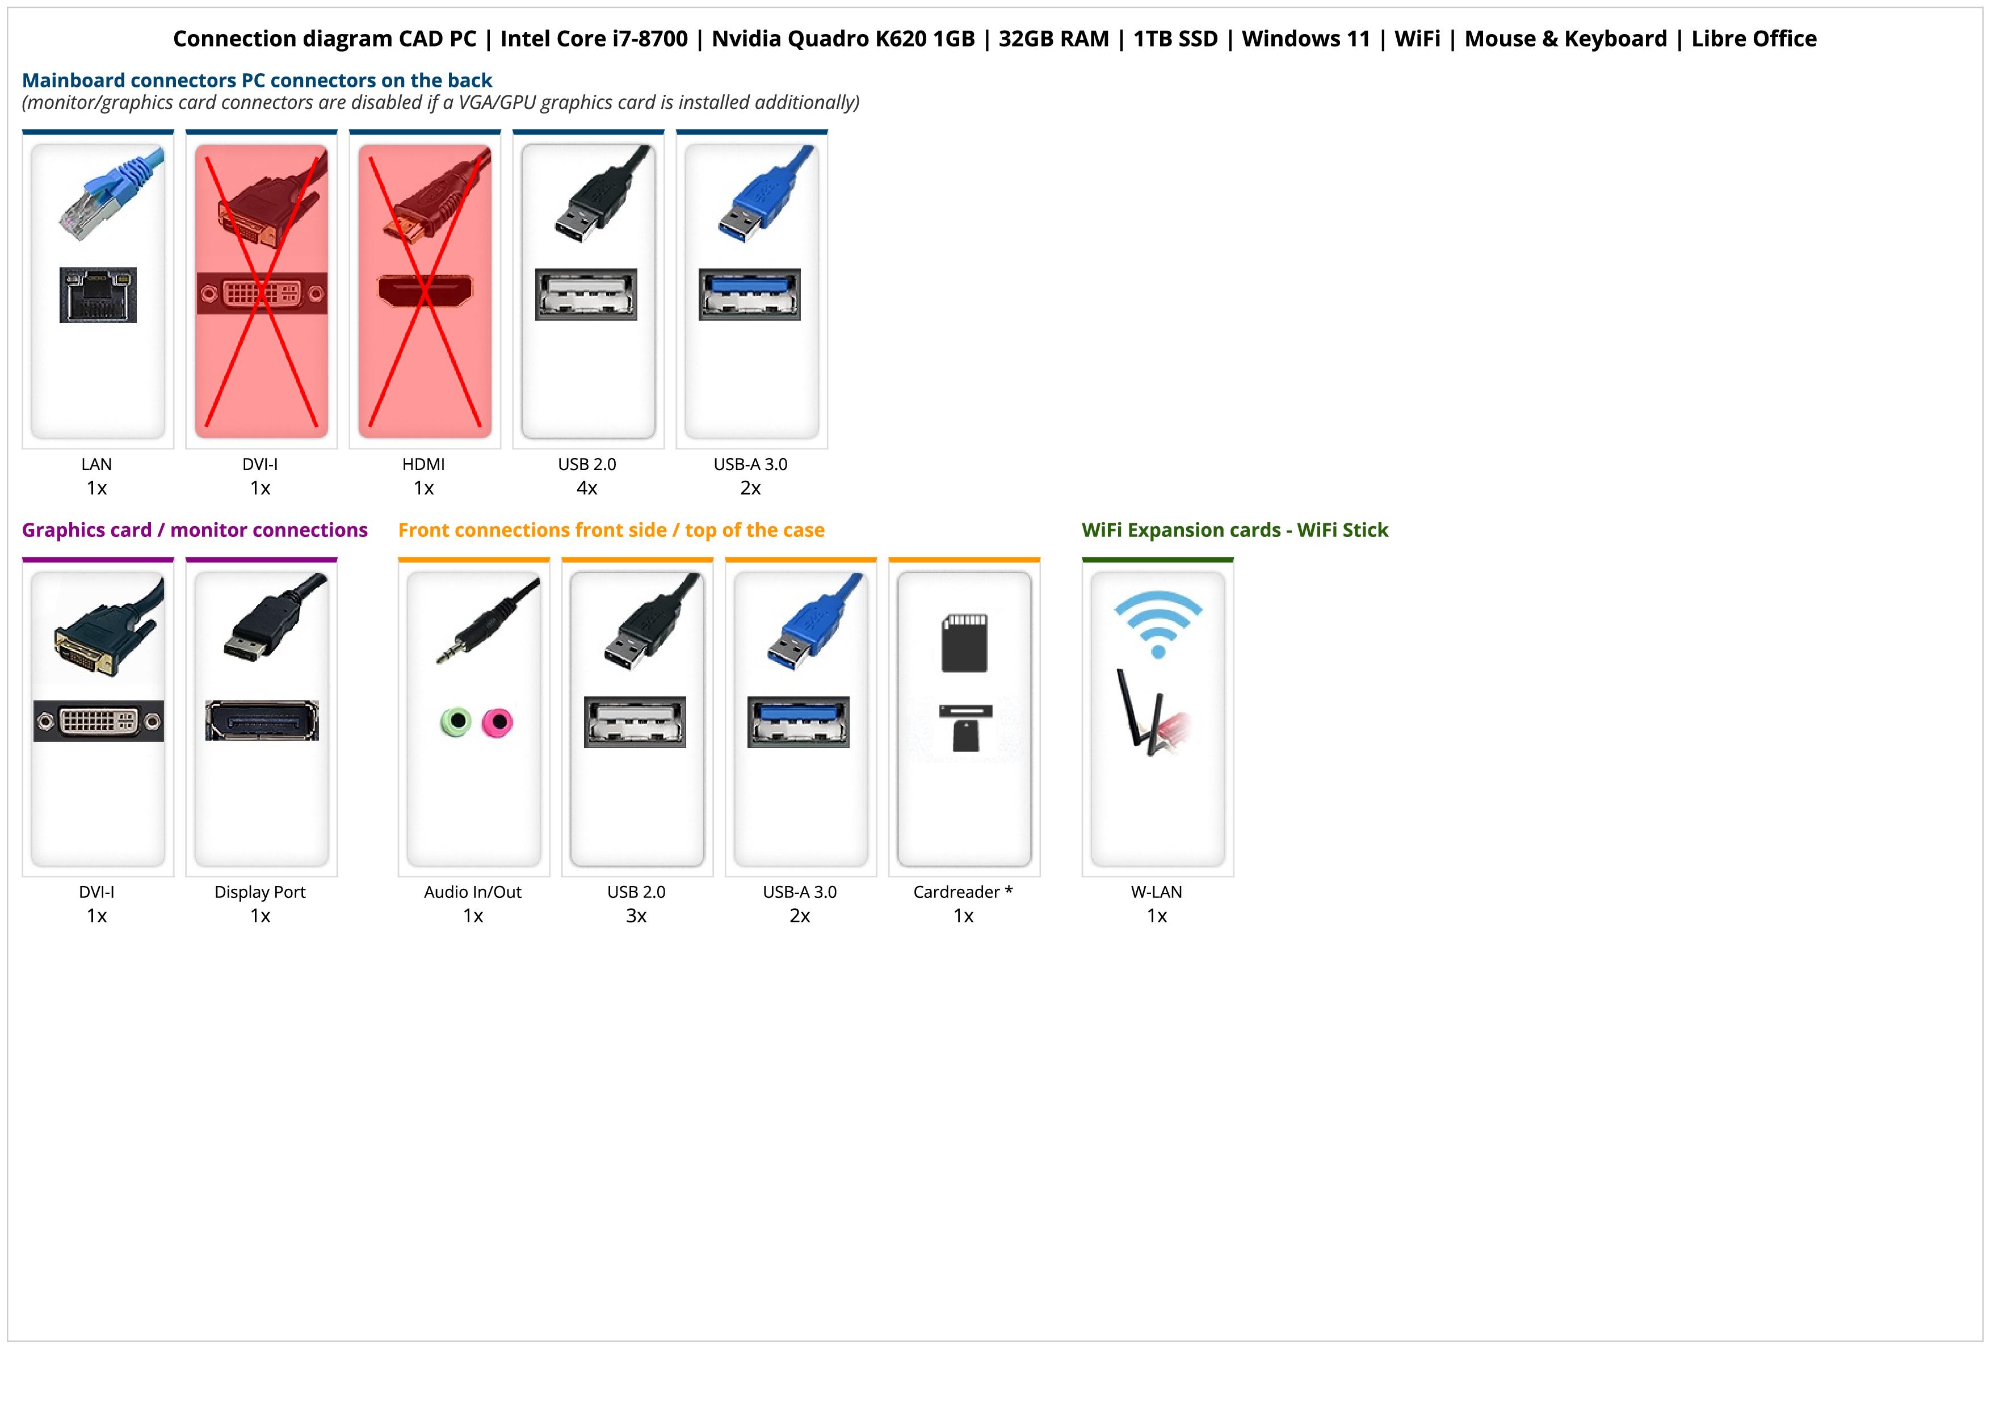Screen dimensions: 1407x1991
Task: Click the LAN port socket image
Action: [x=98, y=295]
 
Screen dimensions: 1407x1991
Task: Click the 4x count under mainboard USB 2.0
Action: [x=587, y=488]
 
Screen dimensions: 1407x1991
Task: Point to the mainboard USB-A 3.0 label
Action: [x=750, y=464]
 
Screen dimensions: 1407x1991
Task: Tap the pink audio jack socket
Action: [x=498, y=721]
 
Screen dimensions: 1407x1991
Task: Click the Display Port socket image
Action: [x=262, y=720]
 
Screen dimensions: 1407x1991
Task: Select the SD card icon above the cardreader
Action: [x=964, y=643]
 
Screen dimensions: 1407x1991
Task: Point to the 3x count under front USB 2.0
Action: [x=636, y=916]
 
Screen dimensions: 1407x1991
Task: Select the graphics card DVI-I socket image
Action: [x=98, y=720]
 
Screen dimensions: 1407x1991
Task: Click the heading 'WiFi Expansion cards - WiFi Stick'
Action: [x=1235, y=530]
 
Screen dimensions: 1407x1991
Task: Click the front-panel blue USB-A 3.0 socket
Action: [x=799, y=721]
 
